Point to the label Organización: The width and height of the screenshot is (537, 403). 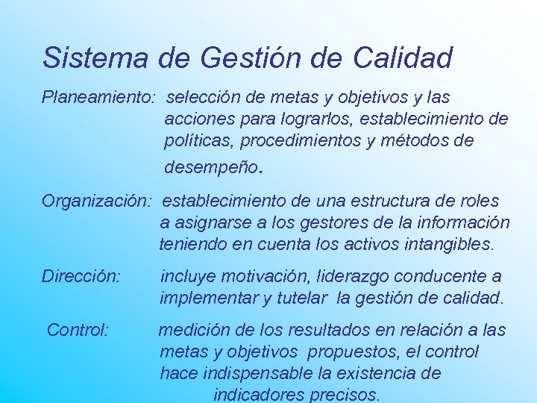[97, 201]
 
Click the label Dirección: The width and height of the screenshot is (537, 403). [81, 276]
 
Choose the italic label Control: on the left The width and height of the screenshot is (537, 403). [79, 330]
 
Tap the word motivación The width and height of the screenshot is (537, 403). [251, 276]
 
